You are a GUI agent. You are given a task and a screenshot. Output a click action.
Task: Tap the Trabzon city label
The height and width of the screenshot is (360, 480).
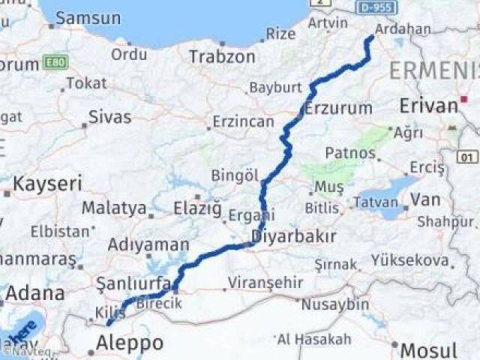pos(222,56)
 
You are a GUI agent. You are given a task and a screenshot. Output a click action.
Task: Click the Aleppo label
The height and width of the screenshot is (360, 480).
pos(130,343)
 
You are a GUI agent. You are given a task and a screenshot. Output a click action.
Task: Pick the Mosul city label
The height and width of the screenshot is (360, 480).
pos(428,350)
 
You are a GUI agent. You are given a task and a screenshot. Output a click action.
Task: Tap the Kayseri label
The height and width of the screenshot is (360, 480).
pos(47,184)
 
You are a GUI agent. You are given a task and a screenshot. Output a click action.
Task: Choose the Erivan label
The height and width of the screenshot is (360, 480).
pos(428,106)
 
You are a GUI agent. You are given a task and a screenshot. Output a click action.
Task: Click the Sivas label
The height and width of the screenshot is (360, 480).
pos(109,117)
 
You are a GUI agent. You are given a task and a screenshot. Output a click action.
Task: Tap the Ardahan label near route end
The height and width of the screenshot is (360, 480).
pos(404,29)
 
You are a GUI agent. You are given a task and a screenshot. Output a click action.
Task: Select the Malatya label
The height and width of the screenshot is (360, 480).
pos(114,208)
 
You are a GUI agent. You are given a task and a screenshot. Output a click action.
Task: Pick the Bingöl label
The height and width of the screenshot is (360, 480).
pos(235,175)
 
